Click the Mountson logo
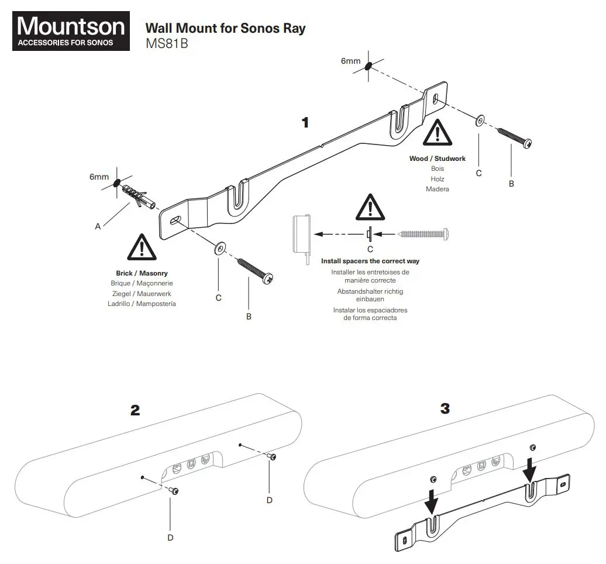71,32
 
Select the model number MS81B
166,44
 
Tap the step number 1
304,122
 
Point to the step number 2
135,410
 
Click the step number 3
445,408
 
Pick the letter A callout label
98,226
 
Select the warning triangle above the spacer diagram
370,206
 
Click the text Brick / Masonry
142,273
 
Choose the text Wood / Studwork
438,159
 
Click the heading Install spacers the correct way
370,261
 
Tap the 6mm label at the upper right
351,61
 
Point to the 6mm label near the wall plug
99,177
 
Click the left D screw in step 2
174,490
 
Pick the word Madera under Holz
438,189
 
